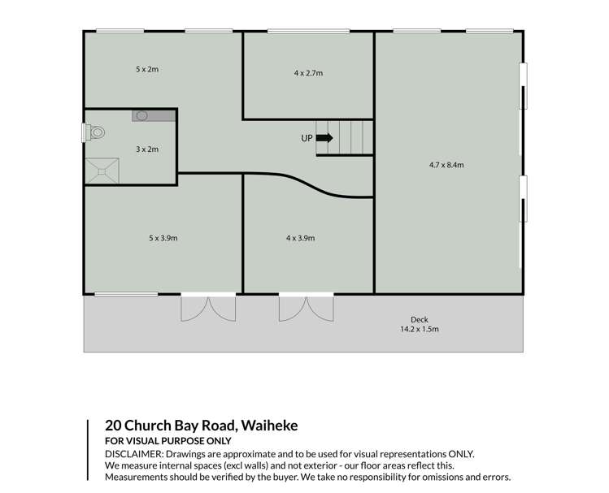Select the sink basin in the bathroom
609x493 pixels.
click(x=143, y=116)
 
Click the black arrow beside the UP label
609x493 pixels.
click(x=324, y=138)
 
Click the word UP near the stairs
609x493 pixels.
click(x=307, y=139)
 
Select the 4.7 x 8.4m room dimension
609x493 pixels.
click(x=446, y=165)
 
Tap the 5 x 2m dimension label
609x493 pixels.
click(x=146, y=70)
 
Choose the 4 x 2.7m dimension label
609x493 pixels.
click(x=308, y=73)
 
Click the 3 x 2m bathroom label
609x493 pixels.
click(x=146, y=149)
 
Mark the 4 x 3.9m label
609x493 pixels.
click(x=300, y=238)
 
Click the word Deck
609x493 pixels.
click(x=419, y=319)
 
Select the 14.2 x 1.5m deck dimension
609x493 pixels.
click(x=419, y=330)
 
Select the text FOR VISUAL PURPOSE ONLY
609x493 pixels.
click(x=168, y=441)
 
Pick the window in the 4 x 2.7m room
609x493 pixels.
click(x=303, y=32)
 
